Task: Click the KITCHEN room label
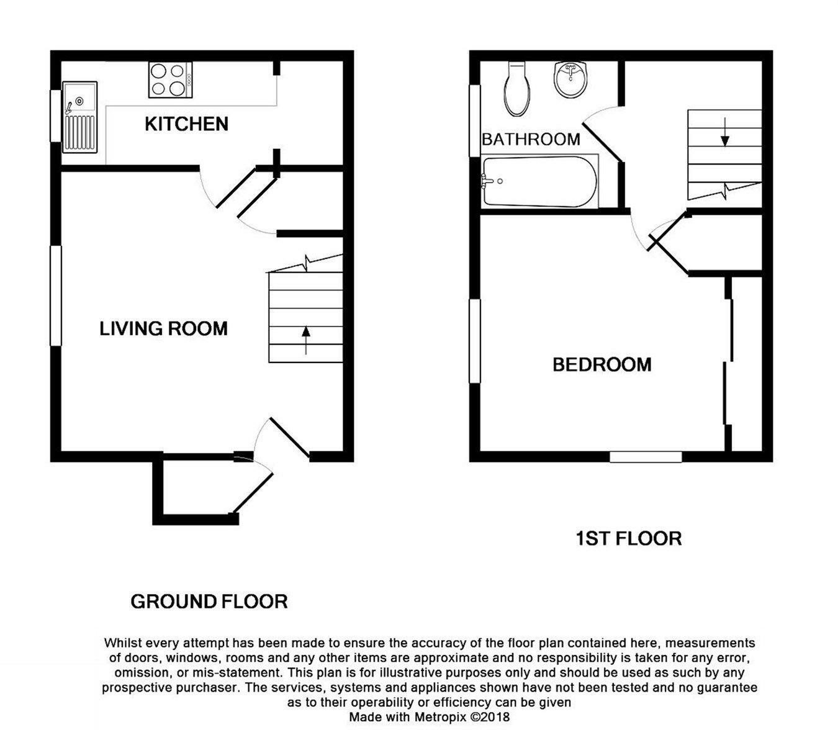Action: [186, 124]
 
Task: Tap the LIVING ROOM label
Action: [163, 329]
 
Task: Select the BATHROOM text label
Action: [531, 140]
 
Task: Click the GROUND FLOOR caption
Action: [209, 602]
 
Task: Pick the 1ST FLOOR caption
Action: [629, 538]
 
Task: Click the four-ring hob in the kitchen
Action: [170, 80]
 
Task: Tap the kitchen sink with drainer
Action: [80, 117]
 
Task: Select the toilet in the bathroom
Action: [518, 88]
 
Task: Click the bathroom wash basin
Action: [570, 80]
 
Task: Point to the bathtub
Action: [540, 181]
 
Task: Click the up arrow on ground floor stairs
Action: [305, 340]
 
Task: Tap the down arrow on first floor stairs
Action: [725, 132]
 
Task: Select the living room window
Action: [56, 295]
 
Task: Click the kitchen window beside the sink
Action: [55, 116]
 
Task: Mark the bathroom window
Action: [475, 120]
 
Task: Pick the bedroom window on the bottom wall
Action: [646, 457]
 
